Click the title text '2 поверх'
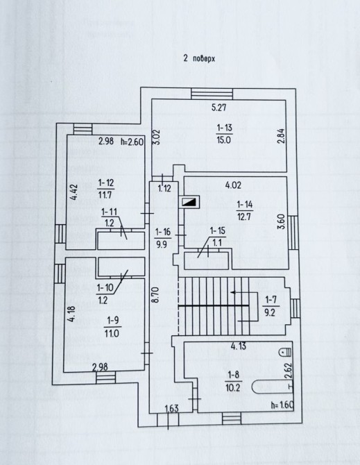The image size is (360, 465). click(x=199, y=58)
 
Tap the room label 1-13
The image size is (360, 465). click(x=224, y=128)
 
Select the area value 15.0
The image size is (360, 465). click(x=224, y=139)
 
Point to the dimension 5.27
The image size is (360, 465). click(x=219, y=107)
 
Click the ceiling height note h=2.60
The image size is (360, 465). click(x=132, y=142)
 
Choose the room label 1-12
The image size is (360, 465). click(x=105, y=183)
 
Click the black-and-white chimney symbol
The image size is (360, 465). click(x=189, y=202)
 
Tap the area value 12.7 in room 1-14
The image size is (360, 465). click(x=244, y=216)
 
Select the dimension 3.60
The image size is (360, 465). click(x=282, y=221)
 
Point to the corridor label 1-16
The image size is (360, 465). click(x=163, y=232)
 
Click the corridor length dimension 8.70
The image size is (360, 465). click(x=157, y=295)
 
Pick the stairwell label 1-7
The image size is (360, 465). click(x=271, y=300)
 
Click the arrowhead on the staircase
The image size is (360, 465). click(x=233, y=292)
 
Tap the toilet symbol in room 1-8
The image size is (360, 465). click(x=286, y=352)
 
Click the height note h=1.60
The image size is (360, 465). click(x=282, y=405)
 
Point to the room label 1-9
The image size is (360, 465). click(x=112, y=320)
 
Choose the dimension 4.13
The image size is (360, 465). click(x=239, y=346)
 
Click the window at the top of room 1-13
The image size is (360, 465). click(x=212, y=94)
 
